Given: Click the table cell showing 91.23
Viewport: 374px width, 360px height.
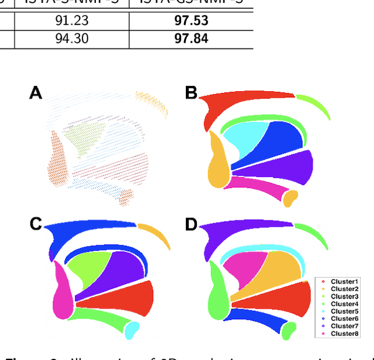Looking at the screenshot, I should coord(72,22).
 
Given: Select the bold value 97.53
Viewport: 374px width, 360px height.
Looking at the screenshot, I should coord(191,22).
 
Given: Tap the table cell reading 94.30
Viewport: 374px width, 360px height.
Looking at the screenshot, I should coord(72,39).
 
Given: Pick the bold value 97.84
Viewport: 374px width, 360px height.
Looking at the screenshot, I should coord(191,39).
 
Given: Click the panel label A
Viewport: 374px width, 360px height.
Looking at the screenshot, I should coord(36,92).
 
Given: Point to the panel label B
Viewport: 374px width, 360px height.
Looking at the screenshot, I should coord(191,92).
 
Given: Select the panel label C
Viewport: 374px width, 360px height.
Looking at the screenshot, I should coord(36,224).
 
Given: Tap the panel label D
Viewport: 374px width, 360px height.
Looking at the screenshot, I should coord(191,224).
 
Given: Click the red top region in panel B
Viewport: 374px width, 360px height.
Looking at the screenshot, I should coord(234,105).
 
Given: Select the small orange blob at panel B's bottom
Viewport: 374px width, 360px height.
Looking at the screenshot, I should coord(290,198).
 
